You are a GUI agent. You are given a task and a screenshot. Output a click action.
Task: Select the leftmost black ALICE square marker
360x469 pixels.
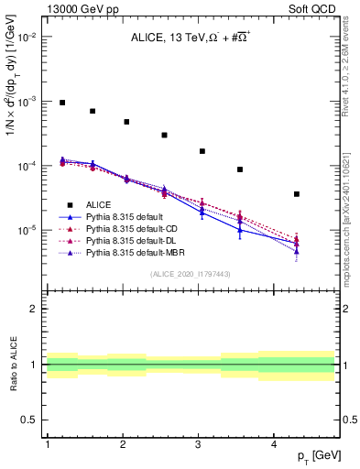pyautogui.click(x=62, y=103)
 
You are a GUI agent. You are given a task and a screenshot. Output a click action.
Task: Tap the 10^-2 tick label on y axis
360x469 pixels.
pyautogui.click(x=27, y=38)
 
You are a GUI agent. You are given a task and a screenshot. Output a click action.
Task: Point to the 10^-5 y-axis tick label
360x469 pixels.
pyautogui.click(x=27, y=230)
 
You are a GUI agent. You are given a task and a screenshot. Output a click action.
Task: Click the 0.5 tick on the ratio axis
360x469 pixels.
pyautogui.click(x=29, y=420)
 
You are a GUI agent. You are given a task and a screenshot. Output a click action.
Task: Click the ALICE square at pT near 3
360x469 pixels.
pyautogui.click(x=202, y=151)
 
